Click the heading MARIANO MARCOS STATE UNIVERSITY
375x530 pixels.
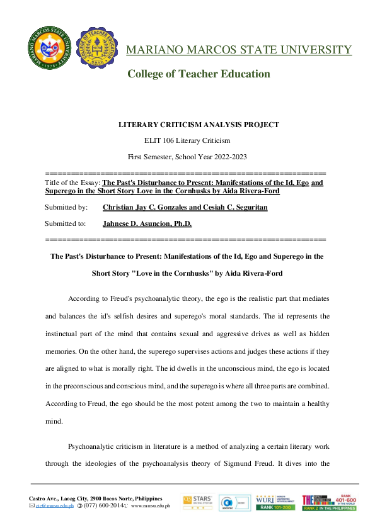(239, 50)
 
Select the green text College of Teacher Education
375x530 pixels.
(199, 74)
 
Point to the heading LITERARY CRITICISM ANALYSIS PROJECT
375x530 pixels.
(199, 125)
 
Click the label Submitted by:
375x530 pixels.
(66, 206)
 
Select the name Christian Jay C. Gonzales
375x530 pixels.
(145, 206)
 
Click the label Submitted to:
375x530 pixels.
(66, 223)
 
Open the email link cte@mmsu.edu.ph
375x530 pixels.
(54, 505)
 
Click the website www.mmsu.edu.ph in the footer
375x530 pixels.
(151, 505)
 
